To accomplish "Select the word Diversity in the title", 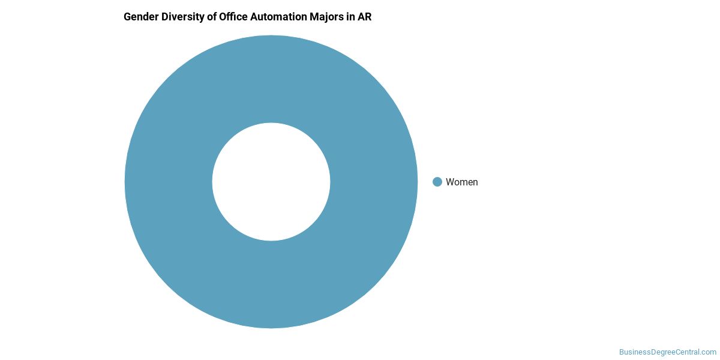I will (x=179, y=17).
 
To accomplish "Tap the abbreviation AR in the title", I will (x=365, y=17).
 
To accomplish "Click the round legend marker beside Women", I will (x=437, y=182).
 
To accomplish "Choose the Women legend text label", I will (x=461, y=182).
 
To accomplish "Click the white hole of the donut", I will (x=271, y=182).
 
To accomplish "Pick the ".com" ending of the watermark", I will (x=709, y=352).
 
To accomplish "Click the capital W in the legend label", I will (x=450, y=182).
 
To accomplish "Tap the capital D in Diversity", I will (x=162, y=17).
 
